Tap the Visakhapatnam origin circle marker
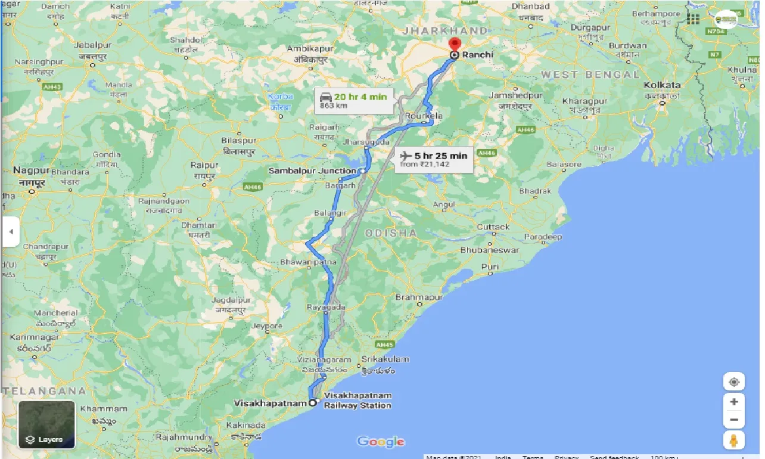[312, 402]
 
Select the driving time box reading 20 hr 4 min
[354, 100]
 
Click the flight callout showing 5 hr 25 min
[434, 159]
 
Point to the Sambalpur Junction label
[312, 171]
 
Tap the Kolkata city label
[662, 85]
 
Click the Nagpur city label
[27, 171]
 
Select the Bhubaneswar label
[489, 250]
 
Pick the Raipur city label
[204, 165]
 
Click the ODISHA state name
[391, 233]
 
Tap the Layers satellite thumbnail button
[46, 424]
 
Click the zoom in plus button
[733, 402]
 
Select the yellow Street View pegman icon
[733, 441]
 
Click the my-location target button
[733, 382]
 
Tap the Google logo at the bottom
[381, 442]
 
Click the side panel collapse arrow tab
[10, 232]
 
